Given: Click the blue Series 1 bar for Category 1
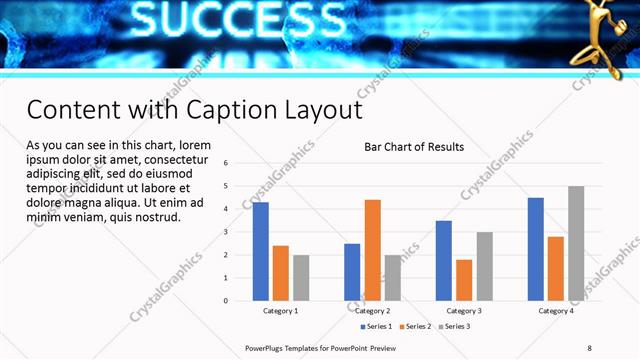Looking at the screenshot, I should pyautogui.click(x=261, y=251).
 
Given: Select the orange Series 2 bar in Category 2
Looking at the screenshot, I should pyautogui.click(x=372, y=250).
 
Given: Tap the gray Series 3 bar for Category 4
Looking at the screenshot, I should pyautogui.click(x=576, y=243).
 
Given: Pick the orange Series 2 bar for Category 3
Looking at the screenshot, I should pyautogui.click(x=464, y=280).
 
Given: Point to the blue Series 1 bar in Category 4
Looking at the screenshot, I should pyautogui.click(x=536, y=249).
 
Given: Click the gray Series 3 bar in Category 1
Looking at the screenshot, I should pyautogui.click(x=301, y=277).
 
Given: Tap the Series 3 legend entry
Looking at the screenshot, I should pyautogui.click(x=456, y=326).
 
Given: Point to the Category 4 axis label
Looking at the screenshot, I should pyautogui.click(x=556, y=311).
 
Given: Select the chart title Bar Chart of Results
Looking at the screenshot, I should pyautogui.click(x=413, y=147).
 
